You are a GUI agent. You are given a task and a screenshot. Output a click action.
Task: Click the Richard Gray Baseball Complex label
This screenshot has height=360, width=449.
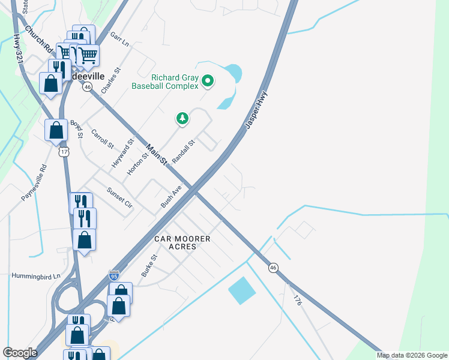click(175, 82)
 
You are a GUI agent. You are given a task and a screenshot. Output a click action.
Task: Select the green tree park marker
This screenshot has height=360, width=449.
click(182, 119)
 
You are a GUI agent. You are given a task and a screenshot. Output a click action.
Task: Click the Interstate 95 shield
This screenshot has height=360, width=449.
click(114, 276)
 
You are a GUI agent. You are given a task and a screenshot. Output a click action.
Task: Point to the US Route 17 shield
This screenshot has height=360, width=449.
click(65, 152)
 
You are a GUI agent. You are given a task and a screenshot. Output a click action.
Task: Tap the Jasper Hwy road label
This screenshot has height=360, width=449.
click(256, 110)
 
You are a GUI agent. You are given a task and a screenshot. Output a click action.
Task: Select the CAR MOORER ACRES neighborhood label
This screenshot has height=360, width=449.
click(182, 243)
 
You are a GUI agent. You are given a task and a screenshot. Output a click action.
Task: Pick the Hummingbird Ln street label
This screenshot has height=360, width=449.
click(36, 276)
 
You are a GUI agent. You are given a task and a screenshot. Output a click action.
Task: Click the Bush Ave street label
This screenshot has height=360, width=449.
click(171, 197)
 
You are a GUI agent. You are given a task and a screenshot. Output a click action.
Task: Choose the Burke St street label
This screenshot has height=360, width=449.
click(149, 265)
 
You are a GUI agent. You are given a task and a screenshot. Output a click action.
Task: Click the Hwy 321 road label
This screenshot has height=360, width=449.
click(17, 50)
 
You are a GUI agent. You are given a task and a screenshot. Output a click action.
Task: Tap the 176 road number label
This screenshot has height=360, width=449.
click(297, 301)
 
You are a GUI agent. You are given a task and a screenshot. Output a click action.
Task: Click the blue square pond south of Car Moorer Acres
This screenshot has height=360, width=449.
click(242, 291)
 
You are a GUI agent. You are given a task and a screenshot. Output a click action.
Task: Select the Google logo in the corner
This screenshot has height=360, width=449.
click(20, 353)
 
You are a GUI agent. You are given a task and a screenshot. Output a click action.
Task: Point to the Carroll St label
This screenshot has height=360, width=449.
click(102, 139)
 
